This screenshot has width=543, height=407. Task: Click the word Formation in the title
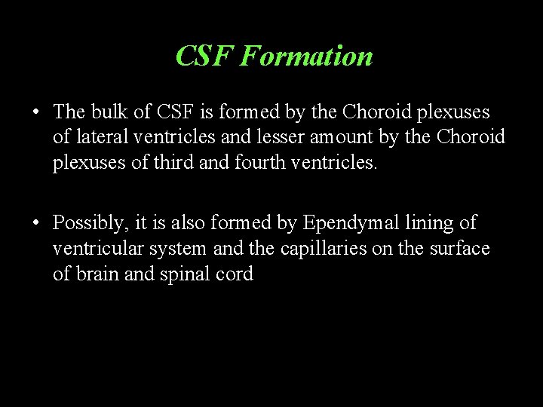click(x=306, y=57)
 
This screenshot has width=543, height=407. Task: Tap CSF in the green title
click(x=205, y=57)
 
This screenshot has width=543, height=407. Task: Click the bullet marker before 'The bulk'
click(x=36, y=113)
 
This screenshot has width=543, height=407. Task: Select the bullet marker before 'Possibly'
click(x=36, y=224)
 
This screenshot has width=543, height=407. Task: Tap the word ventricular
click(x=97, y=249)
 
